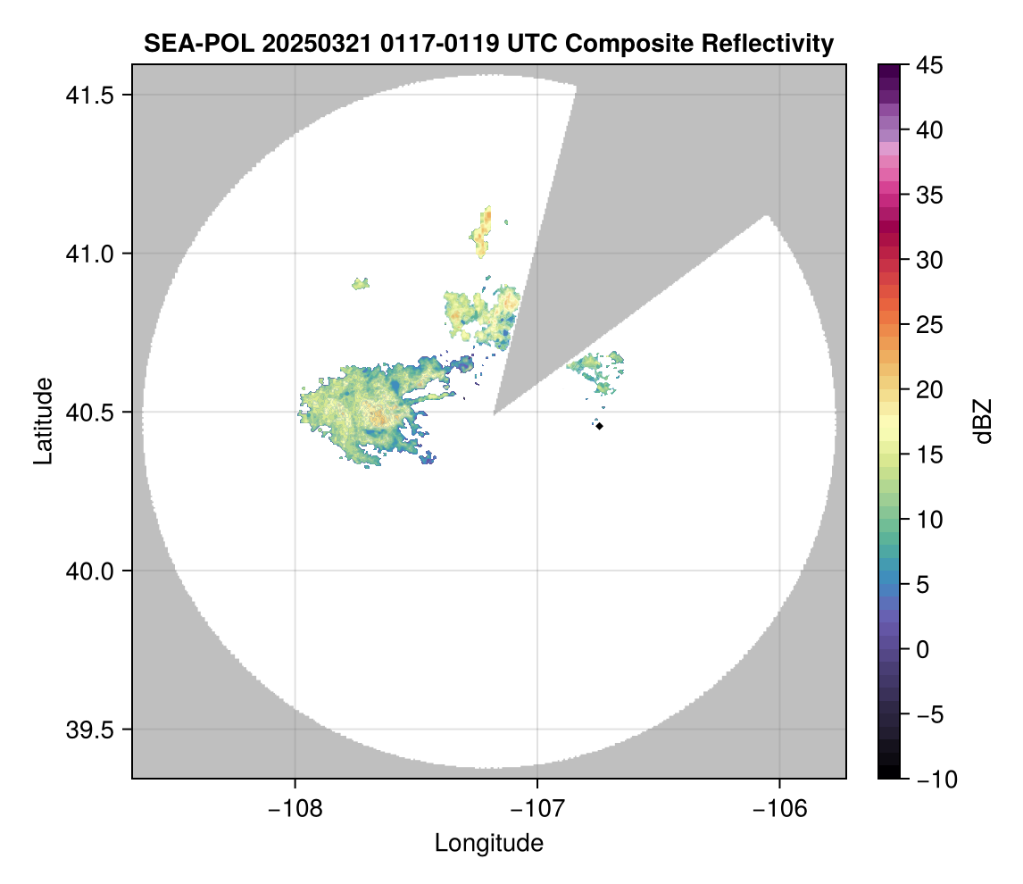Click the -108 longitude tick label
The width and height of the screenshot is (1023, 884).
click(x=295, y=808)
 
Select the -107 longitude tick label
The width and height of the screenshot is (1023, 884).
click(x=537, y=808)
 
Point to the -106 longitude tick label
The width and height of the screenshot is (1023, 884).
click(x=780, y=808)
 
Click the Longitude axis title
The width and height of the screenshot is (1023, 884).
click(x=488, y=842)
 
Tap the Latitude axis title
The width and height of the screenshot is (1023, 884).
click(x=42, y=420)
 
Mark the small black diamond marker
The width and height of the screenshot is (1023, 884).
click(x=600, y=426)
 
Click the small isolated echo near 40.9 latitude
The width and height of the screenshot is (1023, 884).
click(x=361, y=284)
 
